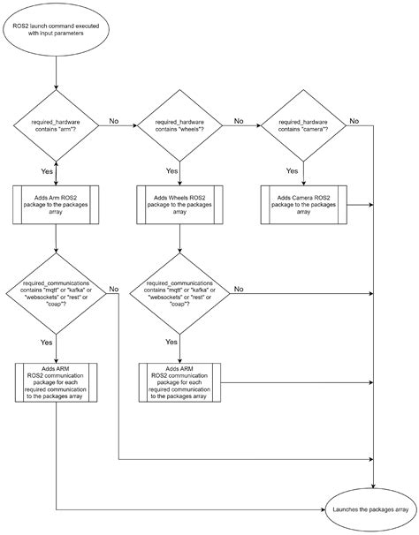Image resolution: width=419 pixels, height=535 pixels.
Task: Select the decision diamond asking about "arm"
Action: (57, 125)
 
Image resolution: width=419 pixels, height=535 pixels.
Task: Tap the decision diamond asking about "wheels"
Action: (179, 125)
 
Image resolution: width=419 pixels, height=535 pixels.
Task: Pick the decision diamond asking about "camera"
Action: (303, 125)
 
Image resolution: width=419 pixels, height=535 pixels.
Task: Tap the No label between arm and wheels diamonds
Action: (113, 119)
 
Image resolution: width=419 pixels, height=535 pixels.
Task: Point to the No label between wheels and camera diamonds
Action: (238, 119)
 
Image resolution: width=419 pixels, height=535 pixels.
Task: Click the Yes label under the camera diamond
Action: (293, 170)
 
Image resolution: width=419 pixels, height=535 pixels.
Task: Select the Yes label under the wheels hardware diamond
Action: (171, 170)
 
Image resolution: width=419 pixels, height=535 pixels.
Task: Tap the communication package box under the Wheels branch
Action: (179, 381)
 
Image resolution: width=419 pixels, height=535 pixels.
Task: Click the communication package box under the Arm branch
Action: (57, 381)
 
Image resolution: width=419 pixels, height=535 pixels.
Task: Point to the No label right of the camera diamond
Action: (354, 119)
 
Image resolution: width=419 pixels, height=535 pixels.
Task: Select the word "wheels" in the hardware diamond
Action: (189, 130)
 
